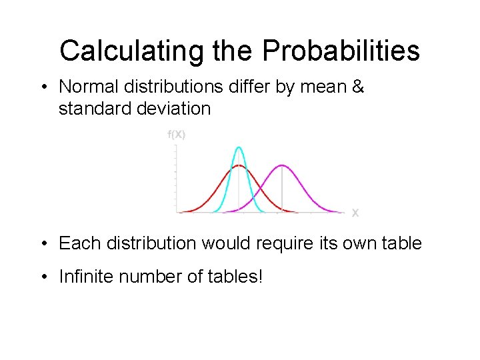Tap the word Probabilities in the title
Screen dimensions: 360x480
coord(341,51)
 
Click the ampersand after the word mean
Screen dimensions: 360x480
coord(358,87)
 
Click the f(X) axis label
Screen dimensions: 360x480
coord(176,135)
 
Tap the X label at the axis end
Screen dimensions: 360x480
coord(355,213)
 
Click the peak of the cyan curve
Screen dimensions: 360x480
coord(239,147)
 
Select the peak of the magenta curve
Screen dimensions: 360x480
coord(282,165)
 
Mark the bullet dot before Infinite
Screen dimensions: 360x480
coord(45,275)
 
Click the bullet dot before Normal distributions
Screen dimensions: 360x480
coord(45,87)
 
